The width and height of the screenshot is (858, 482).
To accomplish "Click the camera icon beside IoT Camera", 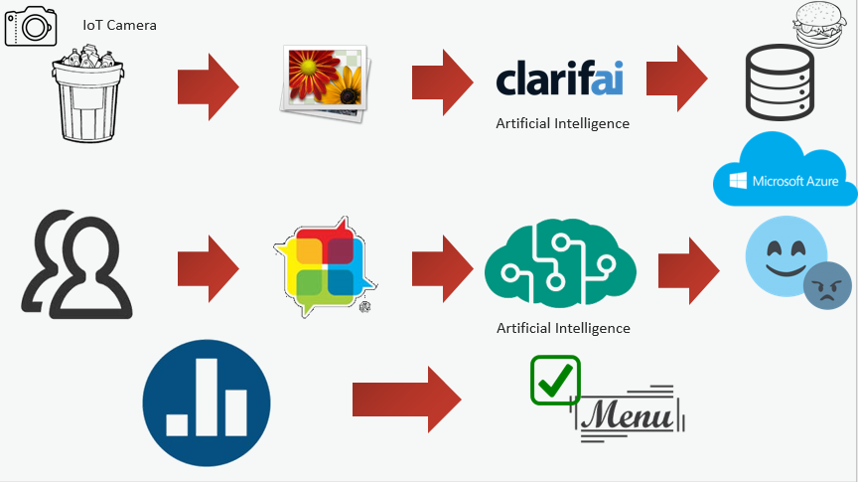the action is (31, 26).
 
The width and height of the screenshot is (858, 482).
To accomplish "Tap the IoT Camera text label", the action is (120, 25).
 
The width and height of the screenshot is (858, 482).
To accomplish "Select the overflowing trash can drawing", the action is (87, 93).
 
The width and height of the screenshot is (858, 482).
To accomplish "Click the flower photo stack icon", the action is (324, 83).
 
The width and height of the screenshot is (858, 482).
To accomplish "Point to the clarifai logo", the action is (559, 78).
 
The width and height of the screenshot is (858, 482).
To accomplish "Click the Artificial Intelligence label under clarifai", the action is (562, 124).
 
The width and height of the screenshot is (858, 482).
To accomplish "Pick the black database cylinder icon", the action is (780, 82).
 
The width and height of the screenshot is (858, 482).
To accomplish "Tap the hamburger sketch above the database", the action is (819, 24).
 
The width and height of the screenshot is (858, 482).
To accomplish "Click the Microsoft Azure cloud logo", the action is (786, 169).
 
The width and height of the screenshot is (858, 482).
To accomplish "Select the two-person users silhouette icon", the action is (76, 264).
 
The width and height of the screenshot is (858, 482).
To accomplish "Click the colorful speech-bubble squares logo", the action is (325, 266).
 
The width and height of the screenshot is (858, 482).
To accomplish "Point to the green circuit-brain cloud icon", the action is (560, 263).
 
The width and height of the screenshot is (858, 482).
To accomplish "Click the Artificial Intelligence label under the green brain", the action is (563, 328).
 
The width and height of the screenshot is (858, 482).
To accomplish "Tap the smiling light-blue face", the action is (785, 255).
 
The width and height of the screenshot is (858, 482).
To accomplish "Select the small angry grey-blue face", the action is (827, 286).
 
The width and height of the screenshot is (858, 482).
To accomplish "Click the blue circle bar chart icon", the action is (207, 403).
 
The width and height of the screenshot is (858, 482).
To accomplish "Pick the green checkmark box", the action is (555, 380).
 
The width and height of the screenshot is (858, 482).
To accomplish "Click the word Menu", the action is (627, 415).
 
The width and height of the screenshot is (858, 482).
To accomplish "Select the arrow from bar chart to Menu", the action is (406, 400).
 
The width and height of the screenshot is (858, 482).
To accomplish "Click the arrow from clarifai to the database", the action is (677, 79).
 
